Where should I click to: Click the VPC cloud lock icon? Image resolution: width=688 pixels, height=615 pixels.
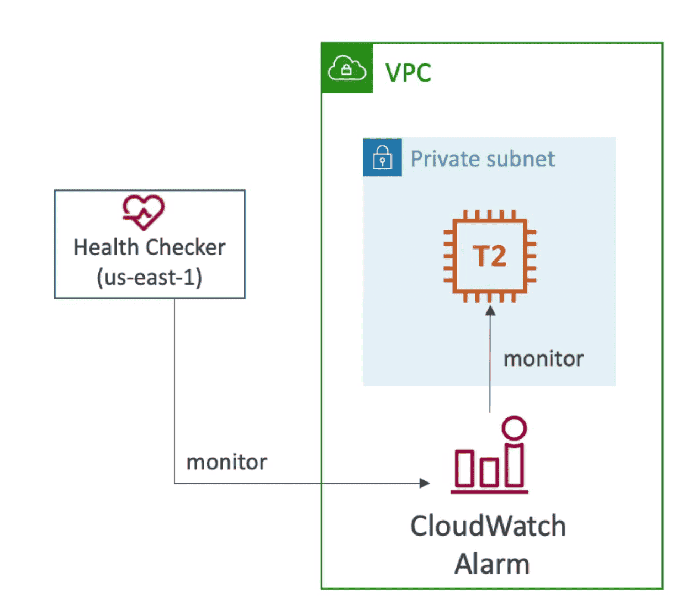(x=347, y=68)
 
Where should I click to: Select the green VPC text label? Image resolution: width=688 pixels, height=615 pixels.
(x=408, y=73)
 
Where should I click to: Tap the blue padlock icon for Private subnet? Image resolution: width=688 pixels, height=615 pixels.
(x=382, y=157)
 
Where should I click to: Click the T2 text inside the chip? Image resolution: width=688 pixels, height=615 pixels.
(x=489, y=256)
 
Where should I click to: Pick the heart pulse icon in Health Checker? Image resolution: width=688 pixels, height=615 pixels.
(x=144, y=212)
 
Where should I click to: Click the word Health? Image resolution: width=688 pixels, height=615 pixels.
(x=105, y=247)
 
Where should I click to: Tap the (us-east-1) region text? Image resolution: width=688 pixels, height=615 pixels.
(x=149, y=277)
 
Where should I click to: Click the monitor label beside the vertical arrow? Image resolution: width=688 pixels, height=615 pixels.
(x=543, y=359)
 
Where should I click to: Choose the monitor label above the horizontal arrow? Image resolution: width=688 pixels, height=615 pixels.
(x=226, y=462)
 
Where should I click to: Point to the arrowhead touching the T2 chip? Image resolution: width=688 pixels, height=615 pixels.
(x=490, y=311)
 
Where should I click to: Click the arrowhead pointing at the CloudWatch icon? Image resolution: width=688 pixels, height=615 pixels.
(x=424, y=483)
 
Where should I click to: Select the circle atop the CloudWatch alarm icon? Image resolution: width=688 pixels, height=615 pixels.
(x=515, y=428)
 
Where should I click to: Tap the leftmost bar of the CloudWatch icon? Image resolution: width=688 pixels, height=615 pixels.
(x=464, y=469)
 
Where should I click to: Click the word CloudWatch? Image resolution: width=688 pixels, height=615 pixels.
(x=488, y=526)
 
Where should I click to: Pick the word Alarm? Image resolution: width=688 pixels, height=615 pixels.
(x=492, y=564)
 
